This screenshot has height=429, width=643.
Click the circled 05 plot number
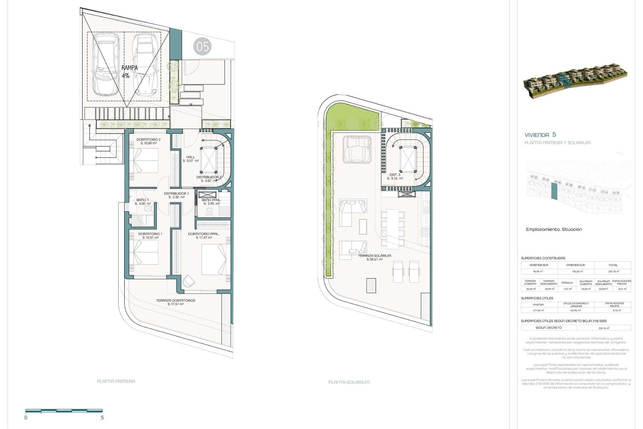(202, 47)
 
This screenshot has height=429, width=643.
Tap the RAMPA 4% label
(129, 72)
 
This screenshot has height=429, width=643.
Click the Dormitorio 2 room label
(148, 141)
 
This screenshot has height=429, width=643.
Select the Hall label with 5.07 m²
(191, 159)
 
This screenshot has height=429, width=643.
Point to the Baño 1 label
(143, 201)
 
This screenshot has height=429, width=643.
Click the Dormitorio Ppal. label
(204, 236)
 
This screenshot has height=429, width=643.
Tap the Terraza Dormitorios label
(175, 302)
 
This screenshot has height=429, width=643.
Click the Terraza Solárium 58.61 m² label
(374, 257)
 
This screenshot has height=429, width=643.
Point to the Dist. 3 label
(395, 176)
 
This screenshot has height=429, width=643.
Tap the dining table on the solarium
(392, 229)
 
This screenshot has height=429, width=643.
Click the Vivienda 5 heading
(540, 135)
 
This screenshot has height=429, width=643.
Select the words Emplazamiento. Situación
(554, 230)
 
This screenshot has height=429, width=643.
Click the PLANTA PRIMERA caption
(116, 381)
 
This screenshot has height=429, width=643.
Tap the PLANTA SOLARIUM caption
(349, 382)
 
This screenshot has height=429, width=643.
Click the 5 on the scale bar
(102, 418)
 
